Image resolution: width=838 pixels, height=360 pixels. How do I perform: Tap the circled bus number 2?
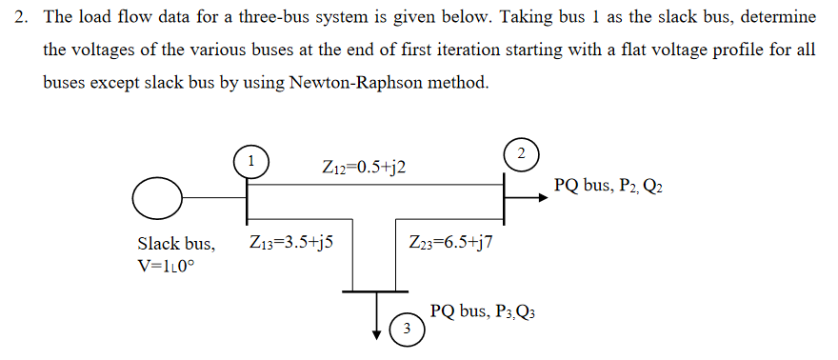[x=520, y=152]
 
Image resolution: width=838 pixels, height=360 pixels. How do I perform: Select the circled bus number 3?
[x=406, y=330]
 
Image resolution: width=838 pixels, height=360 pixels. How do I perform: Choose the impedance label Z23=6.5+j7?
[x=450, y=242]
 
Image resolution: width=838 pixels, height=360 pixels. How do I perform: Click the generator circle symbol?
[x=157, y=198]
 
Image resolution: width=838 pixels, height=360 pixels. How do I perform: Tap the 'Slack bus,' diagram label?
[x=176, y=243]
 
